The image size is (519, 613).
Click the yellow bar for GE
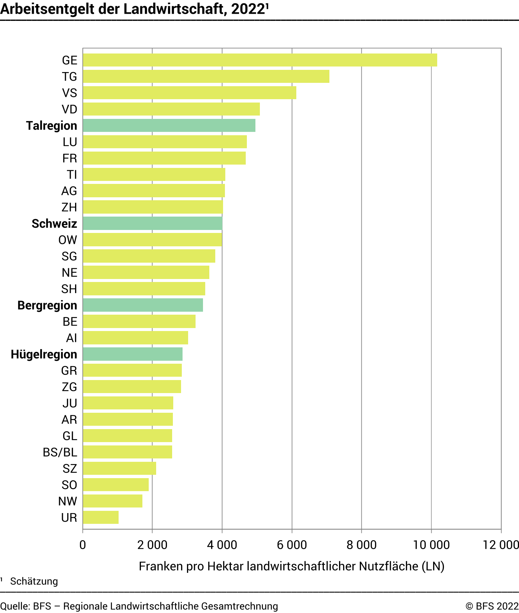(x=260, y=60)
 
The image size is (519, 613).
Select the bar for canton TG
(x=206, y=77)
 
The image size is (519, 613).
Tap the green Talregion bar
(x=169, y=126)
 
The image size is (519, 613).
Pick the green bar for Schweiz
(x=152, y=224)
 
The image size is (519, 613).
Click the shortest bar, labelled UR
(x=101, y=518)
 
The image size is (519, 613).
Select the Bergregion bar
(x=143, y=305)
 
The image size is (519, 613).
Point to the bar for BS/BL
(x=128, y=452)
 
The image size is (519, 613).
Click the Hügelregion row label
(x=44, y=354)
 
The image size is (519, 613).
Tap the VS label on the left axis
(x=70, y=93)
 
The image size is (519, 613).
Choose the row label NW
(x=68, y=501)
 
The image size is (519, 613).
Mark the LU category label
(x=70, y=142)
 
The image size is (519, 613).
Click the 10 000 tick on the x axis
(x=431, y=545)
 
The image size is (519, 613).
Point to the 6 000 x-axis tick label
(x=292, y=545)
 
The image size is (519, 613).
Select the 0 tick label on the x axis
(x=83, y=545)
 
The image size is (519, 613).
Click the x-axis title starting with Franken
(x=291, y=566)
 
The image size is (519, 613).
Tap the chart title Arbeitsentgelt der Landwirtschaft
(x=134, y=9)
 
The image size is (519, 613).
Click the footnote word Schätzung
(x=34, y=581)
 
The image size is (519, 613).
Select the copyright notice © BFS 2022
(x=492, y=606)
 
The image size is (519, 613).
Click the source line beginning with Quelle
(x=139, y=606)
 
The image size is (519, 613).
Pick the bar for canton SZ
(x=119, y=468)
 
